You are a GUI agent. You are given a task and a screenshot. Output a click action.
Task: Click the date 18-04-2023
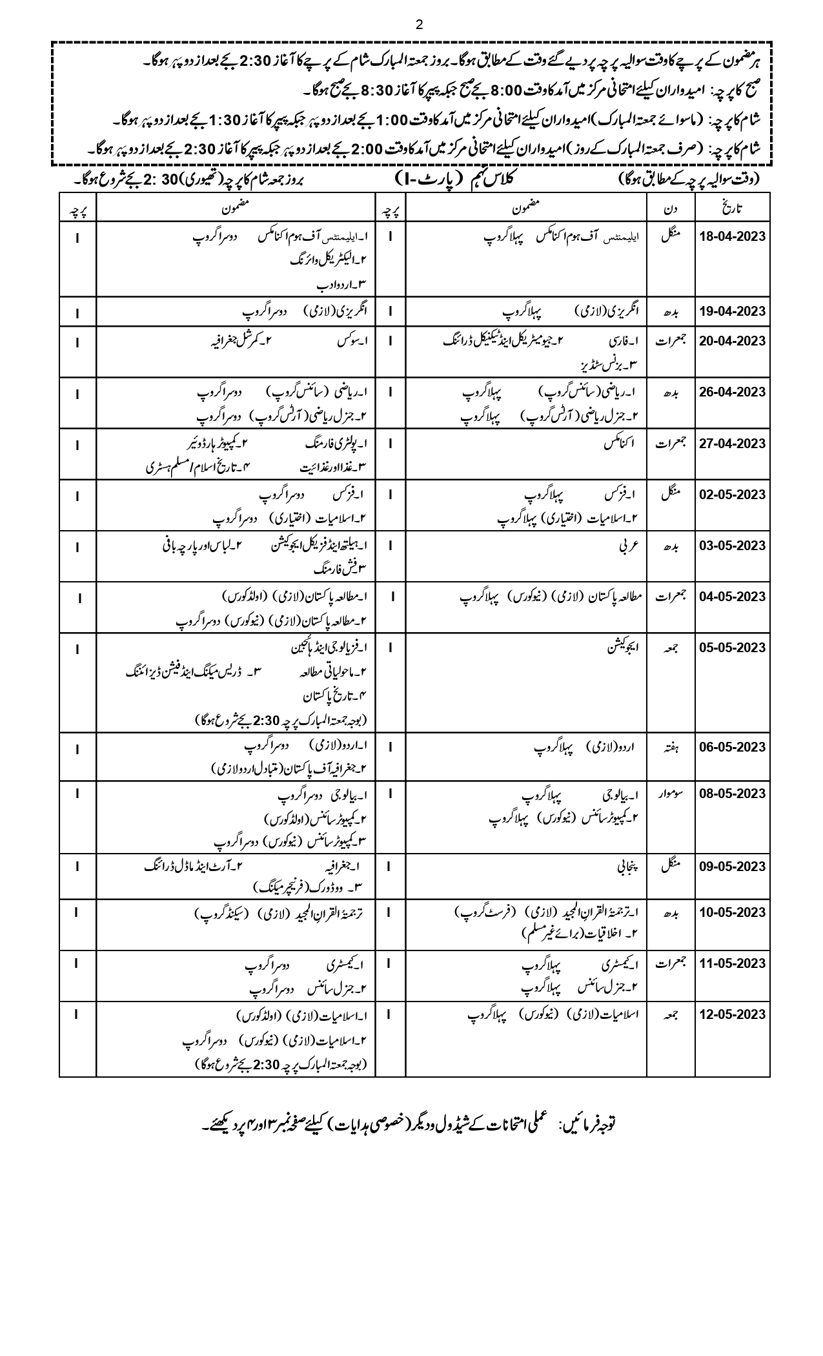(x=733, y=236)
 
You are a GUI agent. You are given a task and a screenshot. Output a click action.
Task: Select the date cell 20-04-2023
(x=733, y=341)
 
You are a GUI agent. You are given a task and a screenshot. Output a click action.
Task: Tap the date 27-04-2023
(x=733, y=444)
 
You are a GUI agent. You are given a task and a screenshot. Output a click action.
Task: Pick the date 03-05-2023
(x=733, y=546)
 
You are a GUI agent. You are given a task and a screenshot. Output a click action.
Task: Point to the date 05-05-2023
(x=733, y=648)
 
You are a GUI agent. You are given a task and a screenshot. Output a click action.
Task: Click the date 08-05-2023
(x=733, y=794)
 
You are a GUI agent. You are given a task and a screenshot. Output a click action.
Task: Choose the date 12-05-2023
(x=733, y=1014)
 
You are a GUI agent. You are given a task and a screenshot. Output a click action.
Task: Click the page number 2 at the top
(x=420, y=25)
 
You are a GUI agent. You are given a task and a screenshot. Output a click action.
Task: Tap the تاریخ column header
(x=733, y=208)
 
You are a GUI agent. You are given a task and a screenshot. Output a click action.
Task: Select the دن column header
(x=671, y=208)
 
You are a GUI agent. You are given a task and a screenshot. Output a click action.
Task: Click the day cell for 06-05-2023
(x=671, y=747)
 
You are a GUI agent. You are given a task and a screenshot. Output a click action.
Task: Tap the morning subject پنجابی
(x=627, y=867)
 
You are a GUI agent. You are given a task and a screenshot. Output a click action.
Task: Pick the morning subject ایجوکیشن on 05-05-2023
(x=621, y=648)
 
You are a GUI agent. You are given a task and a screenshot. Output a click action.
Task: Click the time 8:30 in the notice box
(x=374, y=88)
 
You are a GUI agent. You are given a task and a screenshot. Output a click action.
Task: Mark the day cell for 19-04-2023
(x=671, y=312)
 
